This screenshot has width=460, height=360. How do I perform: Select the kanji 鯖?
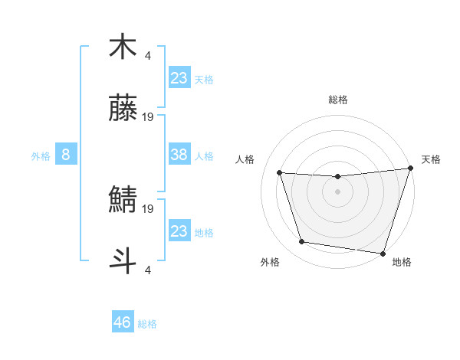pyautogui.click(x=123, y=200)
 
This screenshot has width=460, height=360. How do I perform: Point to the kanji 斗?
pyautogui.click(x=123, y=260)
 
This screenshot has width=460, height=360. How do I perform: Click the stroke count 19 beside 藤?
pyautogui.click(x=148, y=117)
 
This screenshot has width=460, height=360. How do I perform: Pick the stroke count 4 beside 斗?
pyautogui.click(x=148, y=270)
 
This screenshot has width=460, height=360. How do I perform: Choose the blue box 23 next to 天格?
pyautogui.click(x=179, y=77)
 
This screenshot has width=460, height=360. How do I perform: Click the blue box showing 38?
pyautogui.click(x=179, y=155)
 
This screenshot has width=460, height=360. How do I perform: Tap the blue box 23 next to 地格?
pyautogui.click(x=179, y=231)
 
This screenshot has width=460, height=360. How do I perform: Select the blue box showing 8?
pyautogui.click(x=66, y=155)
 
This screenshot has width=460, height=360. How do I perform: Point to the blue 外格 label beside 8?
pyautogui.click(x=41, y=155)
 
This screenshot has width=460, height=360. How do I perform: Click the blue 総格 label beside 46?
pyautogui.click(x=147, y=323)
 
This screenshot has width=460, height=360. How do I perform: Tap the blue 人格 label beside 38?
pyautogui.click(x=204, y=155)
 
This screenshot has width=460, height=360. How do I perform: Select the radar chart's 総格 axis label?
pyautogui.click(x=337, y=100)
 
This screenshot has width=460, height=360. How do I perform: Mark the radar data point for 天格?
pyautogui.click(x=410, y=169)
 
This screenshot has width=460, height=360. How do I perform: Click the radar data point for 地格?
pyautogui.click(x=383, y=253)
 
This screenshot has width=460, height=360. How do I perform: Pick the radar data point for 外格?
pyautogui.click(x=302, y=242)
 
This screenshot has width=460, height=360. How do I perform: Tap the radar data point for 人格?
pyautogui.click(x=280, y=173)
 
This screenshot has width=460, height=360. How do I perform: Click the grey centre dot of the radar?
pyautogui.click(x=337, y=191)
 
